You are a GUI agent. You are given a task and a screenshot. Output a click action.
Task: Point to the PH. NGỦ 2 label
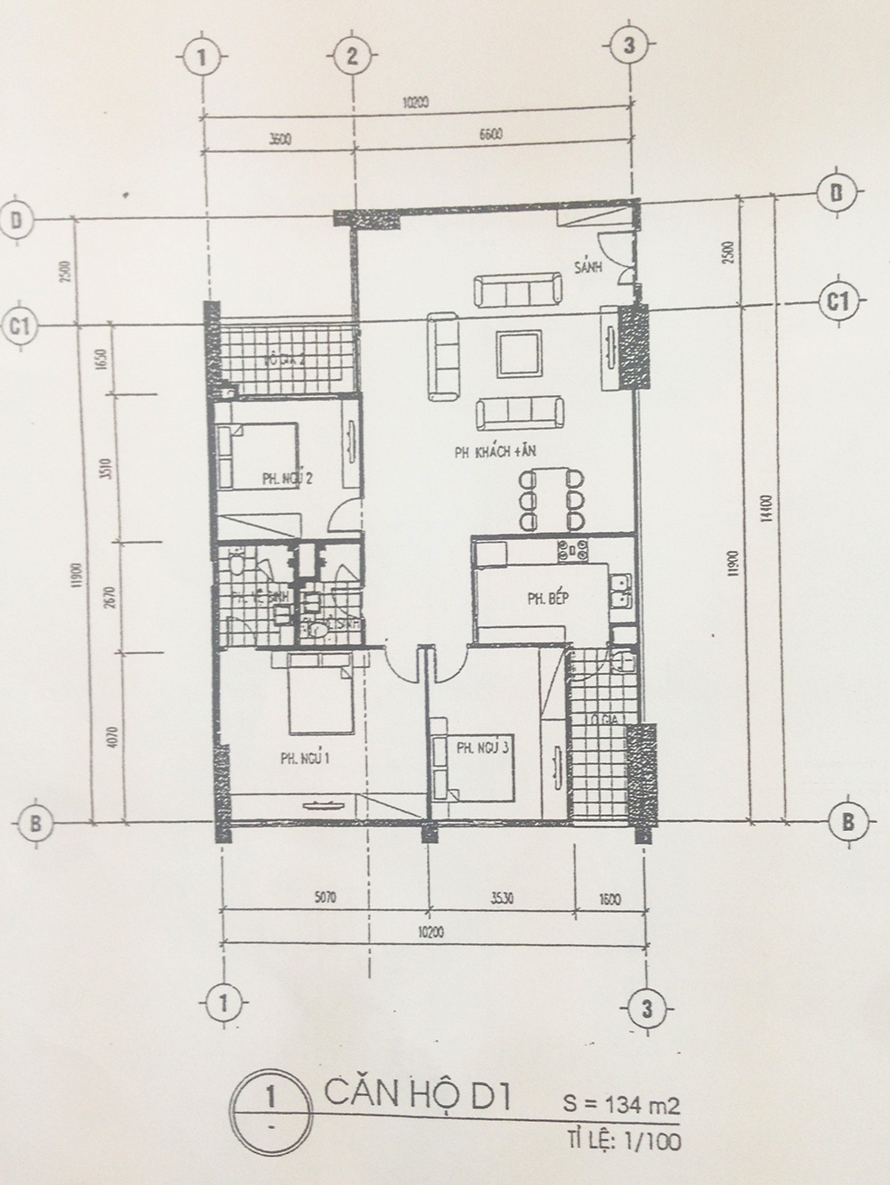287,479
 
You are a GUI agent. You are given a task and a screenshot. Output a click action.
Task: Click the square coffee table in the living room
518,353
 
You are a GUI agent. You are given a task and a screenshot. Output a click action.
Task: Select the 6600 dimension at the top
490,134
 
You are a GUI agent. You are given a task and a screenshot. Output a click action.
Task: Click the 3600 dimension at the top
279,138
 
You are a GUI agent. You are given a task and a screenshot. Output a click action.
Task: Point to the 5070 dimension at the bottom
325,898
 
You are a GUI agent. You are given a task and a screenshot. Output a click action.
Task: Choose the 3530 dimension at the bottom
502,898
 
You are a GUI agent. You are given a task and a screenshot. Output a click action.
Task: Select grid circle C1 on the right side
837,301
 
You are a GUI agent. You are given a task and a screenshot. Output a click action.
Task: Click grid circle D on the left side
17,220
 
